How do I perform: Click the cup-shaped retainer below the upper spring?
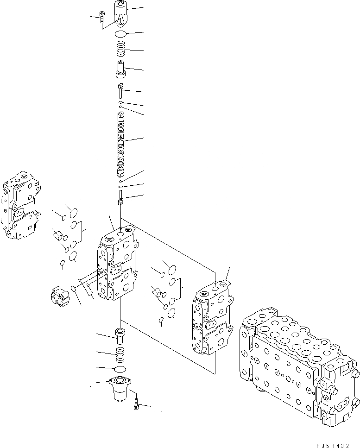click(x=120, y=69)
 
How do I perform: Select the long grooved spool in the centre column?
click(x=120, y=144)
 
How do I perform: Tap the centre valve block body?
click(x=117, y=266)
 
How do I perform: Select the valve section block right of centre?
click(x=212, y=317)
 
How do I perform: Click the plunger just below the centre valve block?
click(x=120, y=334)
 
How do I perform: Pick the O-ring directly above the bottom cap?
click(x=120, y=369)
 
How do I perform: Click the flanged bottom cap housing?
click(x=120, y=388)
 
